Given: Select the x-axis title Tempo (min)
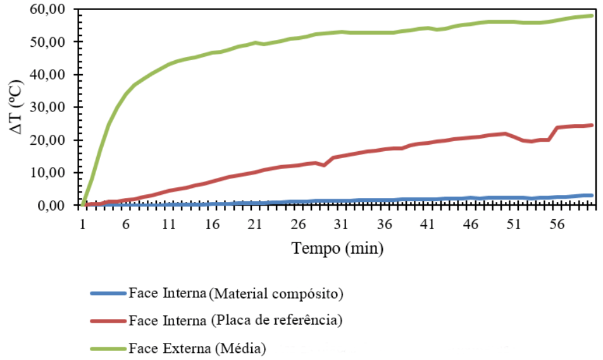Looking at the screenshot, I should coord(337,249).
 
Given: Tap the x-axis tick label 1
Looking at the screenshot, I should coord(83,224).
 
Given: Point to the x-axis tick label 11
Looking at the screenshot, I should coord(169,224).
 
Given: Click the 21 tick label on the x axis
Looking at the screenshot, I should coord(255,224).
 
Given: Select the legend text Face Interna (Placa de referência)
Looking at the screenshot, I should coord(235,321).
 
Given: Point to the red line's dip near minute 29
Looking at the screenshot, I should coord(325,165).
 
